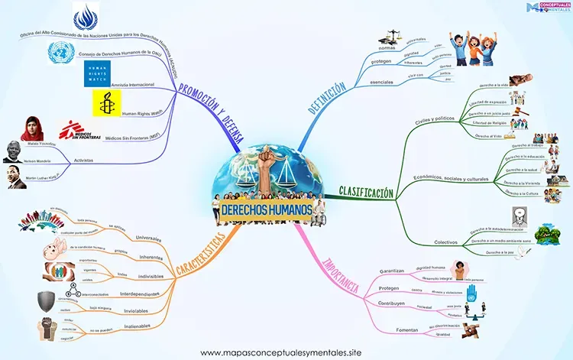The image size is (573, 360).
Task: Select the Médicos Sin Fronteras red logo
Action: (x=81, y=129)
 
